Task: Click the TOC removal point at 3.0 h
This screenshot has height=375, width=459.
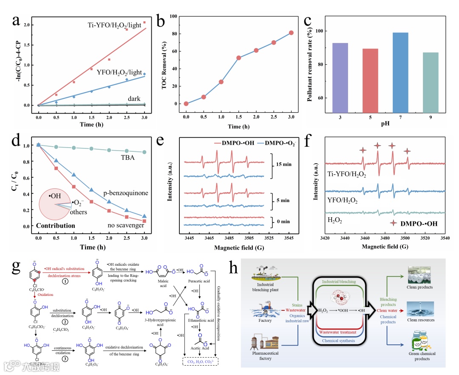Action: tap(291, 33)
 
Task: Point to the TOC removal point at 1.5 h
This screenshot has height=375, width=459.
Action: tap(238, 58)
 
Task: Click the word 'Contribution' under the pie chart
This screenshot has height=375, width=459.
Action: tap(55, 225)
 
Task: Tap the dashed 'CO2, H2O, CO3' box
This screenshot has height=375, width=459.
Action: tap(199, 362)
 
